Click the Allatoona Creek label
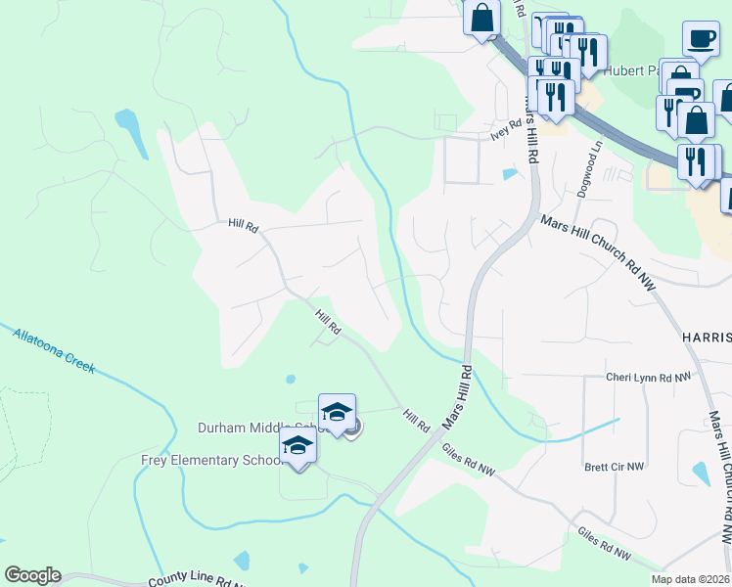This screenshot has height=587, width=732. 54,348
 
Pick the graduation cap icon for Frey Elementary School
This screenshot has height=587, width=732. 297,445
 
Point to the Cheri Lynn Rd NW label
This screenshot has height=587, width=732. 648,377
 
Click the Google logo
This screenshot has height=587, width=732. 32,575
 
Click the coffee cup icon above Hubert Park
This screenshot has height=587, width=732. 700,38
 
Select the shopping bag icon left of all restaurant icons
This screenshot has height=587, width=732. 482,18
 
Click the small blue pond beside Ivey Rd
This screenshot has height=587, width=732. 509,175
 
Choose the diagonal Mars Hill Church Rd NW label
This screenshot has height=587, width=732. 597,249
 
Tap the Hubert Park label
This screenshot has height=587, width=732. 634,70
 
